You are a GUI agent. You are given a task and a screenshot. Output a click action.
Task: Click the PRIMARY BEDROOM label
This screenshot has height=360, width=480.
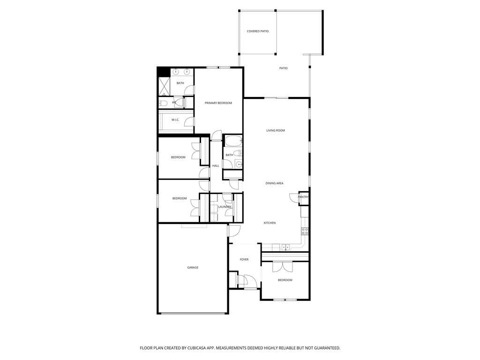[218, 103]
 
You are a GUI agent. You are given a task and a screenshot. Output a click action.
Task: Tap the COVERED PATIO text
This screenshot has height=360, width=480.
[258, 31]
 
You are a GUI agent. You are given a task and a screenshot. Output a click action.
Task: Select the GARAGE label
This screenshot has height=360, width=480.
[193, 268]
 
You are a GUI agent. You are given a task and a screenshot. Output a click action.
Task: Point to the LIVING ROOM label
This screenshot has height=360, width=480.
[276, 130]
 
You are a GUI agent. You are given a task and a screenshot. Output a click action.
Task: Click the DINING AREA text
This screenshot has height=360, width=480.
[274, 183]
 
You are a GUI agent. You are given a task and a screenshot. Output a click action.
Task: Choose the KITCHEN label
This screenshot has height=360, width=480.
[270, 223]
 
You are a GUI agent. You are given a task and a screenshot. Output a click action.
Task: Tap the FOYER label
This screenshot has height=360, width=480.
[244, 260]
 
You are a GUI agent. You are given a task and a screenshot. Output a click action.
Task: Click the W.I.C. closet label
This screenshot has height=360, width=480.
[175, 120]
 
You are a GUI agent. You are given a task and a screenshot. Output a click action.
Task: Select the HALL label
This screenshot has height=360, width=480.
[216, 166]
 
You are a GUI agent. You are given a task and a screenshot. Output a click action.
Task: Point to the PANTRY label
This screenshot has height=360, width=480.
[303, 197]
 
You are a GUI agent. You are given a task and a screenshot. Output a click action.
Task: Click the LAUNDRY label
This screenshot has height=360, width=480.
[225, 207]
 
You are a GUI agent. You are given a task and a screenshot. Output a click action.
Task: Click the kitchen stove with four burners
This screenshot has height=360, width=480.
[305, 231]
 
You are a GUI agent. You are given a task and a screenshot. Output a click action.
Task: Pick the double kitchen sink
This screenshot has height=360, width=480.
[285, 247]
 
